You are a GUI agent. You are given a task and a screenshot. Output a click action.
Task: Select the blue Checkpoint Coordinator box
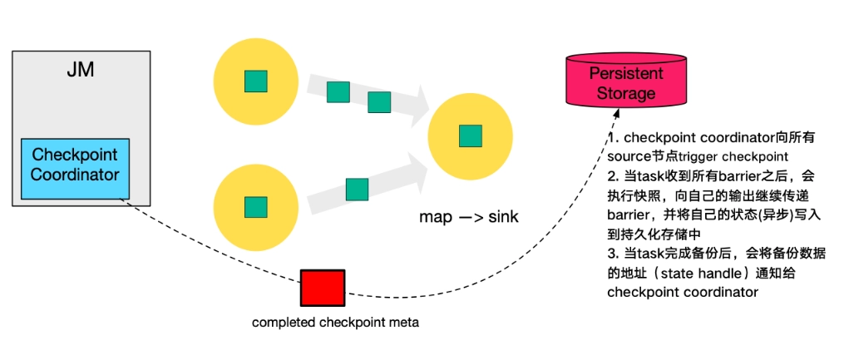76,169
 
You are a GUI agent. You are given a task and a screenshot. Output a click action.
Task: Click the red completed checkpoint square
323,288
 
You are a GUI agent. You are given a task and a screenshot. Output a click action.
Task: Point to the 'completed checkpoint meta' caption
336,323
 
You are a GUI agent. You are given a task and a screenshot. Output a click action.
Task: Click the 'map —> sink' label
469,217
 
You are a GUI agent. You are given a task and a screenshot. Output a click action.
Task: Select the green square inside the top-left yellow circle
255,81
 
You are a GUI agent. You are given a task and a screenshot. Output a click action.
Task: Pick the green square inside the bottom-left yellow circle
255,208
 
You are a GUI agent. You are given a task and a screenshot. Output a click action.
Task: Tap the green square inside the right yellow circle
471,136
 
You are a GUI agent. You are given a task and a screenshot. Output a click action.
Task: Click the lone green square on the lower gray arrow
357,190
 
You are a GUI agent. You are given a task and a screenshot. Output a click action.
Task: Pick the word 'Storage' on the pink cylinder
626,92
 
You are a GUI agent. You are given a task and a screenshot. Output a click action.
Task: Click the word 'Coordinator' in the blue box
76,175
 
